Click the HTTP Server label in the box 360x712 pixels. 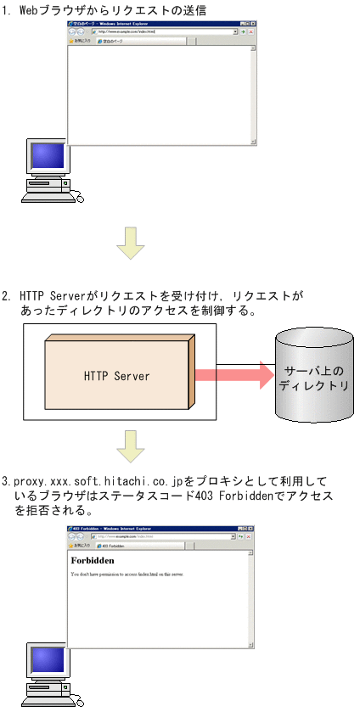tap(117, 375)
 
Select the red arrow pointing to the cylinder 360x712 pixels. tap(233, 374)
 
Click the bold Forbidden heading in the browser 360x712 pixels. tap(93, 561)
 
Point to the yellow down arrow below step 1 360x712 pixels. tap(130, 242)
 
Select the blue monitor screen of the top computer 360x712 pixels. tap(48, 157)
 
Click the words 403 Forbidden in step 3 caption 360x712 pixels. tap(228, 496)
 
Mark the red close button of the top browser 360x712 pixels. tap(250, 31)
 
